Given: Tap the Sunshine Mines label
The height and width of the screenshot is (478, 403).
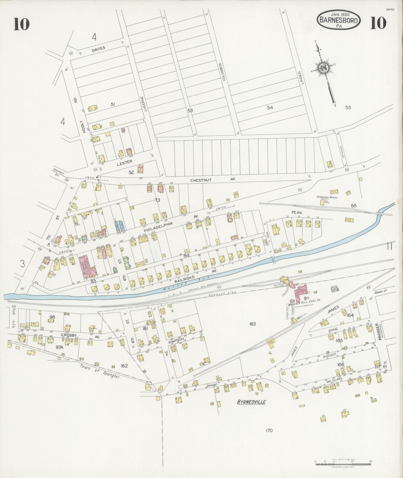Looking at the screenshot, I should (327, 197).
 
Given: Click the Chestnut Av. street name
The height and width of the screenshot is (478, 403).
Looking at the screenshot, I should (213, 180).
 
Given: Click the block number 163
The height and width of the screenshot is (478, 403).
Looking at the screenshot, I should (253, 324).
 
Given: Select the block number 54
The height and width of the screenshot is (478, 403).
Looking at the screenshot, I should (269, 107).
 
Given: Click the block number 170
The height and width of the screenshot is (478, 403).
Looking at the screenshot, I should (269, 430).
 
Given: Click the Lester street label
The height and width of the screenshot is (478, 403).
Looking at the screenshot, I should (124, 163).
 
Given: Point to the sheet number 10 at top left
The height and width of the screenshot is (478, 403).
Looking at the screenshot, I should (21, 24).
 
